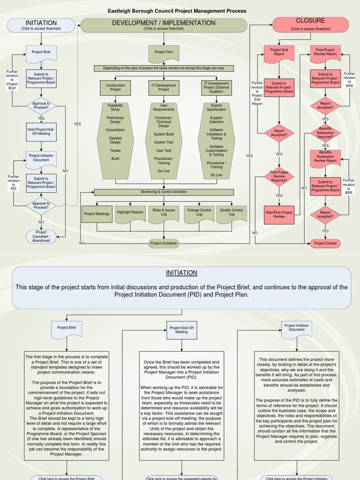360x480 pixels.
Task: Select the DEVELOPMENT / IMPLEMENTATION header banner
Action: coord(164,25)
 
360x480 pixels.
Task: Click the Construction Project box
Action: coord(115,87)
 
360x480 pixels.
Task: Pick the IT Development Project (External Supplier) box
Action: coord(217,87)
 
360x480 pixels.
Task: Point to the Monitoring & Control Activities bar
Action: coord(164,192)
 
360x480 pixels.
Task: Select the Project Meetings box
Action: coord(97,214)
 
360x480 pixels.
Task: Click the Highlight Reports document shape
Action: coord(130,213)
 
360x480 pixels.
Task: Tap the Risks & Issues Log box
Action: coord(164,212)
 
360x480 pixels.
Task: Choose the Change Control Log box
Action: coord(199,212)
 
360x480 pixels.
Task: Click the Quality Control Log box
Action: coord(232,212)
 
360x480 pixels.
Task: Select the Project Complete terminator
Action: coord(164,243)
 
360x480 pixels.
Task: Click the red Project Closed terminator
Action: coord(325,243)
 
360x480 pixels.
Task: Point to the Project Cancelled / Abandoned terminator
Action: coord(41,236)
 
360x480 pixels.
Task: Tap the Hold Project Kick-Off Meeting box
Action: coord(41,132)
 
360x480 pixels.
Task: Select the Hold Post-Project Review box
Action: coord(279,214)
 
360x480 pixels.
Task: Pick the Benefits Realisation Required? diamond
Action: coord(325,133)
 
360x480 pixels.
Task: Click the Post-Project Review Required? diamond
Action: coord(279,177)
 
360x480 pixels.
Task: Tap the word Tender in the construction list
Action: coord(115,151)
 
